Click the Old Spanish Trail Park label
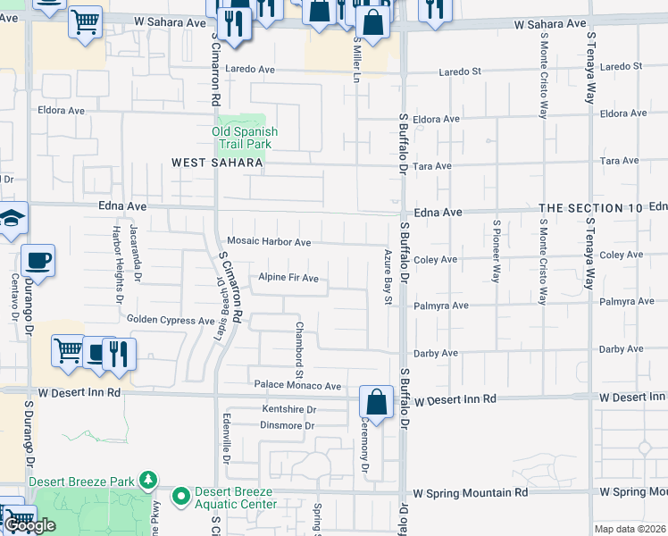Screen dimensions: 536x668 click(245, 138)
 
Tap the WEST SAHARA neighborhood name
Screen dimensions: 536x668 click(218, 163)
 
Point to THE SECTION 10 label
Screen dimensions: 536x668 click(591, 208)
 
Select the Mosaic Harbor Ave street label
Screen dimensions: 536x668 click(269, 242)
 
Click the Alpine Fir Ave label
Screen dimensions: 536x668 click(288, 279)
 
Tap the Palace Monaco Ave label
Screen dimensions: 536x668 click(297, 386)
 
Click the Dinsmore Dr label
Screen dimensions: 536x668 click(287, 425)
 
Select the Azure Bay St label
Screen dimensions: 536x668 click(388, 276)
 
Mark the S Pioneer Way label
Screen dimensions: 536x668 click(497, 251)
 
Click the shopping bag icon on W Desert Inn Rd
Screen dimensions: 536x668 click(376, 402)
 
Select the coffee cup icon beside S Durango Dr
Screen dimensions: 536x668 click(38, 262)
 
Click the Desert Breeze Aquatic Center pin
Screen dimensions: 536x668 click(181, 494)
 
